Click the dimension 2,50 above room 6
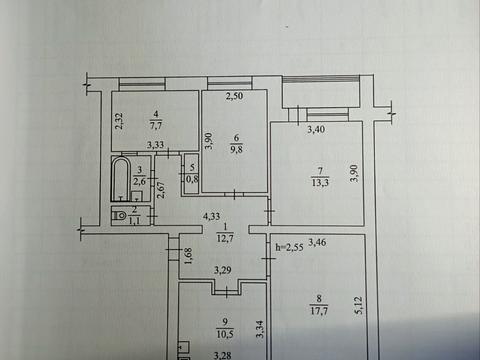234,97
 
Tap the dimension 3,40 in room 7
315,129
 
